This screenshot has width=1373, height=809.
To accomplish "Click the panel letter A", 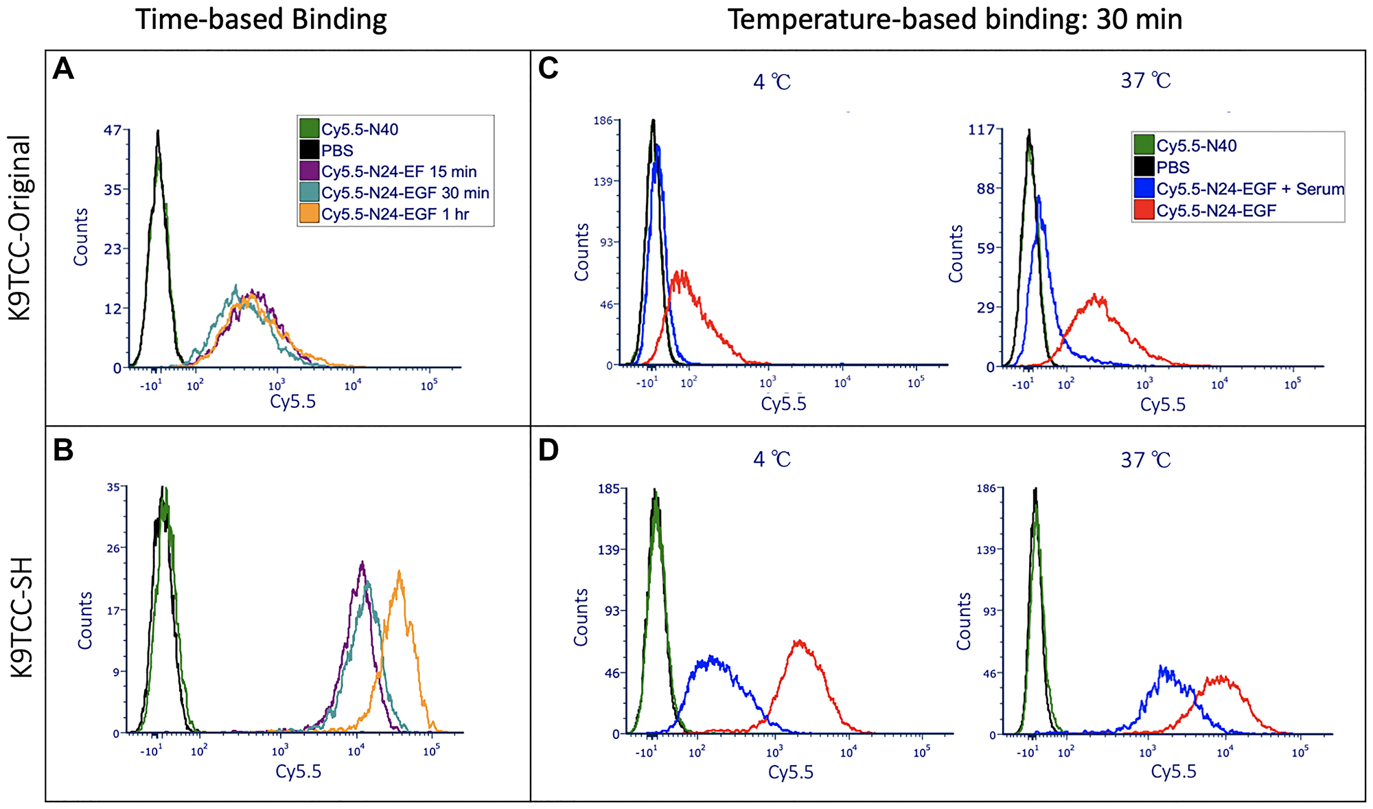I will point(63,69).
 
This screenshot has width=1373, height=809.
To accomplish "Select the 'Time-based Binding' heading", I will point(261,19).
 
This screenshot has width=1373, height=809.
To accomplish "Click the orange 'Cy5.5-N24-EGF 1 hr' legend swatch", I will point(310,214).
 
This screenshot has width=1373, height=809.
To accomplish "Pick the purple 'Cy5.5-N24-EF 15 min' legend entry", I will point(398,172).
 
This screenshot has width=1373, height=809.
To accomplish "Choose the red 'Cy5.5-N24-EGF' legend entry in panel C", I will point(1215,211).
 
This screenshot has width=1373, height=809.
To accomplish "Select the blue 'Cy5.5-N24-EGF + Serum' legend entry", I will point(1249,189).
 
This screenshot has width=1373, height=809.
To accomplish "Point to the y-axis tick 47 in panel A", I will point(113,130).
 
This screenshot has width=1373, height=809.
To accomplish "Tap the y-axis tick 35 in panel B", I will point(113,487).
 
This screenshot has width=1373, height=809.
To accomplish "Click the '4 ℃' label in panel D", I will point(772,459).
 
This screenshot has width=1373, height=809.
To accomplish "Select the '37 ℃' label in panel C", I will point(1146,80).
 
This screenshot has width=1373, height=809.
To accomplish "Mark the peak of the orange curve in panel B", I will point(399,571).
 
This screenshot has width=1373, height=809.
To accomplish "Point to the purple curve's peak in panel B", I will point(362,562).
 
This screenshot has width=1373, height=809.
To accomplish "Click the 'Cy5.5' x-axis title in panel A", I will point(293,401).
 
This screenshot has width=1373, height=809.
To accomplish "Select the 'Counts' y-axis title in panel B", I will point(85,620).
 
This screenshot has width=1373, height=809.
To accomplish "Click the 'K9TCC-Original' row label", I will point(22,228).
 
